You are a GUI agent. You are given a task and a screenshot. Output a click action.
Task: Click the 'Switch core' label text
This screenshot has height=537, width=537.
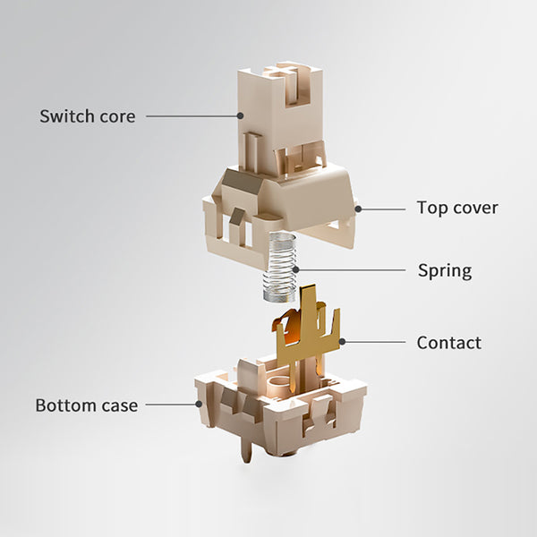88,116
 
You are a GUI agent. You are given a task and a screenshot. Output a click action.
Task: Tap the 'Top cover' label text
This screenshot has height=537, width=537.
457,208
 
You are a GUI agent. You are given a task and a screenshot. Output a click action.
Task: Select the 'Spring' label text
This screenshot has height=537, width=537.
445,271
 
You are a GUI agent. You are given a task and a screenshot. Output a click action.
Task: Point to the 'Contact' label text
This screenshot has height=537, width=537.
449,343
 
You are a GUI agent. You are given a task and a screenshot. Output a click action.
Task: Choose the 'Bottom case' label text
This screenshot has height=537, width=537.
87,405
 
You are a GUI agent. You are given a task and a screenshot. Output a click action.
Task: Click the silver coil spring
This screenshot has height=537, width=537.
280,267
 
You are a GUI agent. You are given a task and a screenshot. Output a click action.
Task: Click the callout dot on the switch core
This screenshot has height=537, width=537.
241,115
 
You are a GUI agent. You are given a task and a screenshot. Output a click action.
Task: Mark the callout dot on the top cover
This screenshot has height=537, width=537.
358,209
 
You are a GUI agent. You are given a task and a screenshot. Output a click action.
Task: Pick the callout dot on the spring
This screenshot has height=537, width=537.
296,269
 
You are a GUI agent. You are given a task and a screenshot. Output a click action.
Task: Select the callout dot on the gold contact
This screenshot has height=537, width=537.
342,342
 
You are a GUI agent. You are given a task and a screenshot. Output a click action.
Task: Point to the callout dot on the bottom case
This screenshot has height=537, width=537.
199,405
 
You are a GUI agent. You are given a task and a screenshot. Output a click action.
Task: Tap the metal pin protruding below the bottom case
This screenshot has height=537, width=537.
246,448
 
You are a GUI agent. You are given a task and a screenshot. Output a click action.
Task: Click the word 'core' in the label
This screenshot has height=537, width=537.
117,116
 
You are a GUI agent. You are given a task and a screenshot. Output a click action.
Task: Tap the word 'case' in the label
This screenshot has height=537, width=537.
120,405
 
